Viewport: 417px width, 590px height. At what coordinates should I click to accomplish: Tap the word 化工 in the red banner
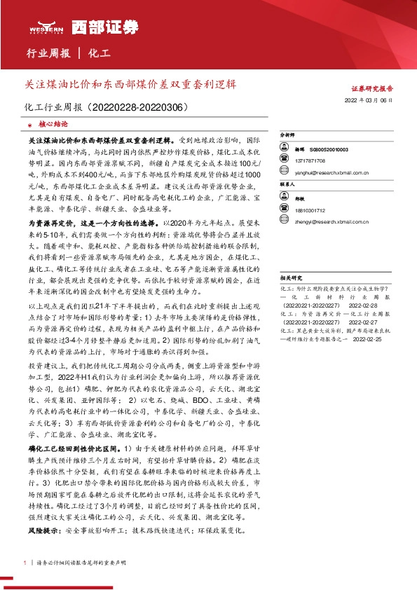click(100, 53)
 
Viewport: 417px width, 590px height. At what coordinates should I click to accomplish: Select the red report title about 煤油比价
click(130, 83)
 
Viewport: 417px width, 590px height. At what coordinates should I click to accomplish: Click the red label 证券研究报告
click(371, 89)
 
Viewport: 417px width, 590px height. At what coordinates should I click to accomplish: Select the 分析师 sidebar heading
click(288, 133)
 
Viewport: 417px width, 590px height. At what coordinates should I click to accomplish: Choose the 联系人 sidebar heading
click(288, 184)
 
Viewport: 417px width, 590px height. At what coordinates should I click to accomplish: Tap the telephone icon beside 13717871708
click(286, 160)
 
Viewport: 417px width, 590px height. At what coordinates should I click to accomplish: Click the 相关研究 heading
click(290, 277)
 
